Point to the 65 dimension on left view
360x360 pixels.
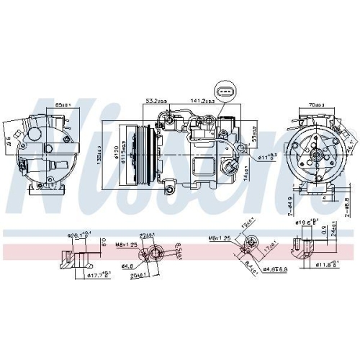[63, 107]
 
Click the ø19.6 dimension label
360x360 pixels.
[310, 222]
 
